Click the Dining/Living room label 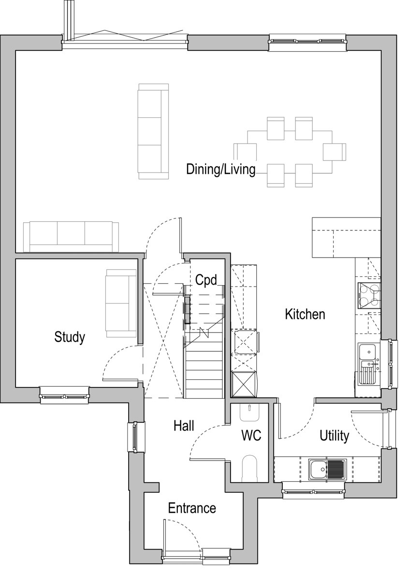(220, 169)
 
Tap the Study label (70, 337)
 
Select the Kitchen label (305, 314)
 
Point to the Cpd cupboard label (206, 280)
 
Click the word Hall (184, 426)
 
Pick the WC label (251, 435)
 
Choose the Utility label (334, 436)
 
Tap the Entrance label (192, 508)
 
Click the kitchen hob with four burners (369, 295)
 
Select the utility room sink (327, 469)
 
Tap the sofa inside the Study (120, 303)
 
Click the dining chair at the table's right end (335, 152)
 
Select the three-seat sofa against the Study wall (71, 237)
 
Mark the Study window (65, 395)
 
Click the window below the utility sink (314, 491)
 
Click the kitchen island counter (346, 237)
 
